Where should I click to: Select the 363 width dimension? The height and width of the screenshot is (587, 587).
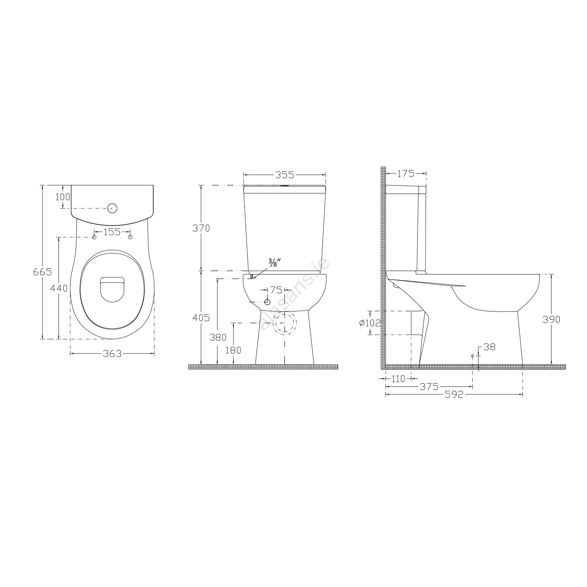[x=112, y=354]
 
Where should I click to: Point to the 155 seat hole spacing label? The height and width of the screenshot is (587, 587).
[x=112, y=232]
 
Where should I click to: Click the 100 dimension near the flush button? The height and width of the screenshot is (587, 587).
[x=63, y=197]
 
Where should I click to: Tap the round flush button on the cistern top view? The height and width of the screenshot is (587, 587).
[x=113, y=208]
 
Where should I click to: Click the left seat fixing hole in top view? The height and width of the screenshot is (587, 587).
[x=94, y=237]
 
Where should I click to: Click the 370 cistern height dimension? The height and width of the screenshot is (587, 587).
[x=201, y=228]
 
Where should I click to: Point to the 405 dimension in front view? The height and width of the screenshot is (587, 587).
[x=201, y=318]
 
